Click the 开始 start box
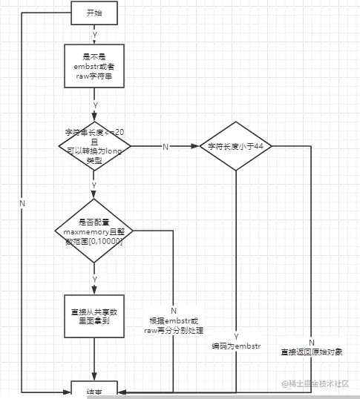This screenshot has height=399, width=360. point(94,13)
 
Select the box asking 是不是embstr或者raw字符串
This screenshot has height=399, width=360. point(94,67)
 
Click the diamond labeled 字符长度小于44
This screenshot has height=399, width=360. point(235,147)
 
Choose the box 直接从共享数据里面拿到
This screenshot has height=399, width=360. point(94,317)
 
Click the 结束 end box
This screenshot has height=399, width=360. point(94,390)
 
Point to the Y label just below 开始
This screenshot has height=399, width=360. point(94,35)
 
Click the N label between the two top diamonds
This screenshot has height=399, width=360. point(165,147)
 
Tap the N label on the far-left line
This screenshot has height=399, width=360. point(22,203)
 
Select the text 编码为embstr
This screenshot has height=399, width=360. point(236,346)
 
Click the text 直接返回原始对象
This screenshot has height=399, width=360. point(312,352)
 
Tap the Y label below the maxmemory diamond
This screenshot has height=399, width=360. point(94,279)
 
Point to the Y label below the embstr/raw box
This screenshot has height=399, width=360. point(94,105)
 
